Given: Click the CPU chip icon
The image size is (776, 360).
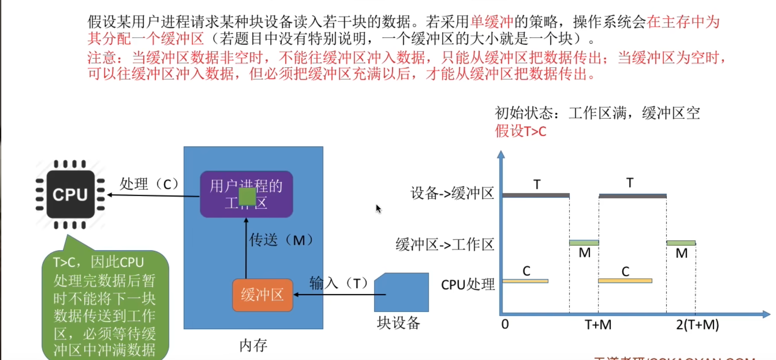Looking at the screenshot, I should coord(70,194).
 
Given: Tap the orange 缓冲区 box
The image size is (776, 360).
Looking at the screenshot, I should coord(263,295).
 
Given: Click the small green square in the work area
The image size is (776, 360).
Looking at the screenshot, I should coord(247,196).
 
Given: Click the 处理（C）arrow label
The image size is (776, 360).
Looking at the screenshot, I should coord(149,184).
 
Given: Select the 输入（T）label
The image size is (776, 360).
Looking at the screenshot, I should coord(339,283).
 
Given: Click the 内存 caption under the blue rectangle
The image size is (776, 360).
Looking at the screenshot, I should coord(253,345).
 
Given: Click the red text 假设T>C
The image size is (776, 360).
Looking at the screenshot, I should coord(521,131).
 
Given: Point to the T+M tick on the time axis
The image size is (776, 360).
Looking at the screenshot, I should coord(598,325).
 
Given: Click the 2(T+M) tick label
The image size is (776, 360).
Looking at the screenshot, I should coord(697,325).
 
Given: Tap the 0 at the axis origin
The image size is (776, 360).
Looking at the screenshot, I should coord(505,324).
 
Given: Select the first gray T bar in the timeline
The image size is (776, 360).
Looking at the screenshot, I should coord(536,195).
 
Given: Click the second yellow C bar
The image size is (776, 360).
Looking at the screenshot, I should coord(625,281).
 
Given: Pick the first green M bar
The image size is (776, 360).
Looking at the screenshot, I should coord(584,243).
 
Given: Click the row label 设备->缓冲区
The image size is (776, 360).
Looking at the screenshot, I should coord(452,193).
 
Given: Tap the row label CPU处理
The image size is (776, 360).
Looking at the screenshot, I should coord(468,284).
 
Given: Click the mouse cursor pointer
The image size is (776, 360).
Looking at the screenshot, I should coord(378,209).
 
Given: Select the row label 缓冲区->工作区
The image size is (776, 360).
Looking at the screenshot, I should coord(445,245).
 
